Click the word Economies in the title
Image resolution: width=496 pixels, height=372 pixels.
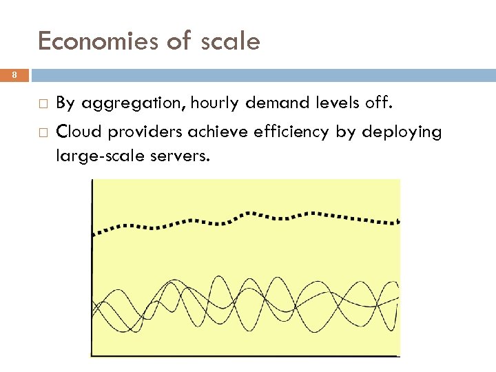(97, 42)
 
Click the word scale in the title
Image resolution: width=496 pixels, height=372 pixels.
(231, 42)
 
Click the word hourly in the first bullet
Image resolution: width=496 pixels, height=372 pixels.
(214, 104)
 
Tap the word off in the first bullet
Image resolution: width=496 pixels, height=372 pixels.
(379, 103)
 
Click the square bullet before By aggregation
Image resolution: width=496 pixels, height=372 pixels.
(43, 104)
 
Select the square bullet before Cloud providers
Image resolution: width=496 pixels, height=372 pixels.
(43, 132)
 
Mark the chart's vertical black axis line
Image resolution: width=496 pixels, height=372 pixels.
(92, 276)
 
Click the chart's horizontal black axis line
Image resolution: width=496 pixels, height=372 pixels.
(245, 355)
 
